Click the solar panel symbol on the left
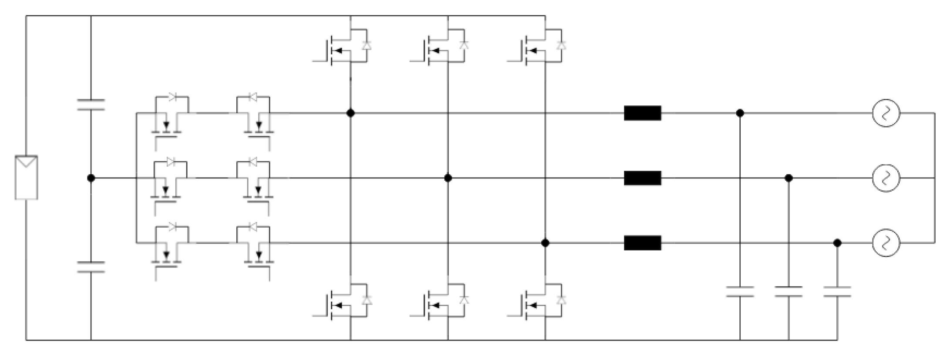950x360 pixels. coord(26,178)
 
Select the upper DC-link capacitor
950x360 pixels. coord(91,104)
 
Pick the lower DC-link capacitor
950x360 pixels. coord(91,267)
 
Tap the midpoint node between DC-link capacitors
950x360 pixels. coord(91,178)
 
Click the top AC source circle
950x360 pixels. coord(886,114)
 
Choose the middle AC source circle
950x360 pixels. coord(886,178)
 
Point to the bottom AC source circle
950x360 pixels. coord(886,243)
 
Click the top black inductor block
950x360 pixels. coord(642,113)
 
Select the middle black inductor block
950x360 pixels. coord(642,178)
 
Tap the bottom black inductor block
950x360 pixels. coord(642,243)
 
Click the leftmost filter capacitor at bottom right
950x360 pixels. coord(740,292)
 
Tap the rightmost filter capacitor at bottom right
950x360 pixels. coord(837,292)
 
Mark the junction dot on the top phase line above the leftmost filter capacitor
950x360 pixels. coord(740,113)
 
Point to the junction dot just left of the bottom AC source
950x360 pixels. coord(837,243)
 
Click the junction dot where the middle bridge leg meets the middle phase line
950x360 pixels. coord(448,178)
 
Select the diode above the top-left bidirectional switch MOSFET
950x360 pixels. coord(172,97)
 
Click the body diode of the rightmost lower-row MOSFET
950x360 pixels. coord(561,300)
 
